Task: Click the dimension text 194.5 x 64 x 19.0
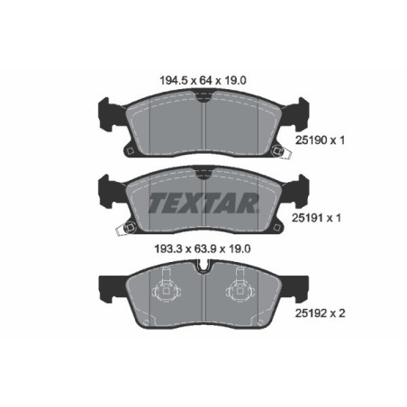point(203,80)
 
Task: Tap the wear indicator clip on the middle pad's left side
point(118,231)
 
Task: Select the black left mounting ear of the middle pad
point(104,191)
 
